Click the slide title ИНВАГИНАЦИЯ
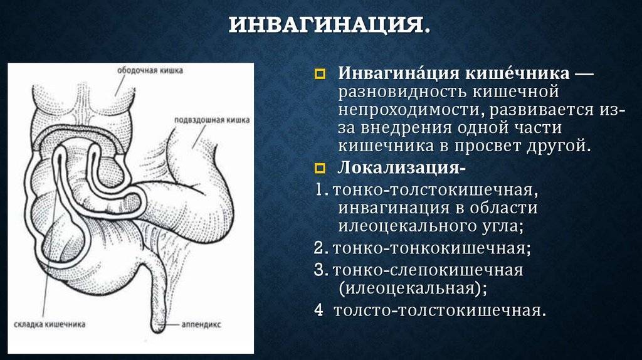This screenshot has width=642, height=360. point(330,24)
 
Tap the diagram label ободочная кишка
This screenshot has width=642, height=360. point(150,70)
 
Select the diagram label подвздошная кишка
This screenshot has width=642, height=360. point(212,120)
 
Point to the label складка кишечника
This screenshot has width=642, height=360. point(50,324)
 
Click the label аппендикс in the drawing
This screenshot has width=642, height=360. point(201,324)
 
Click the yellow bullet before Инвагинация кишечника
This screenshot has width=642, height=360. point(320,74)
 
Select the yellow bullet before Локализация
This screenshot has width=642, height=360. point(320,168)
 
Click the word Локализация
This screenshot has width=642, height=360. point(399,167)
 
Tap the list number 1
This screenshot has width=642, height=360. point(320,189)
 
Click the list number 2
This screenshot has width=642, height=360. point(320,248)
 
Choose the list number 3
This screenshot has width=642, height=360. point(321,270)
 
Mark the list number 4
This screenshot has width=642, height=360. point(319,310)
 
